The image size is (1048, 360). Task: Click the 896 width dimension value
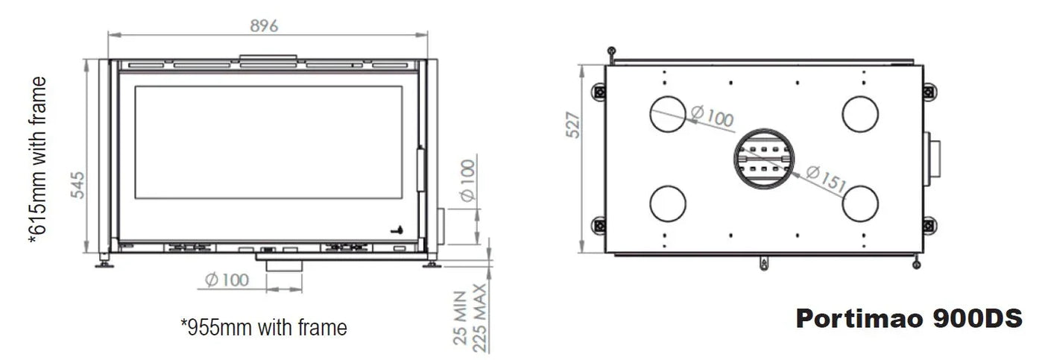point(264,25)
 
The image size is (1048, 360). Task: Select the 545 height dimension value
point(78,186)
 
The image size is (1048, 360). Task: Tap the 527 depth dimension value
point(572,129)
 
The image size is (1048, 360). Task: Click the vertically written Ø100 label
point(468,181)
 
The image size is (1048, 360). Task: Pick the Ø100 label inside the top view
point(711,116)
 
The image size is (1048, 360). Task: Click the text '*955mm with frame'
point(264,327)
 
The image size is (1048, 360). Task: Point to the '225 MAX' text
point(480,316)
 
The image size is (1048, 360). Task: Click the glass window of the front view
point(268,142)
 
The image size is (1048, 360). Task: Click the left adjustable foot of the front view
point(103,260)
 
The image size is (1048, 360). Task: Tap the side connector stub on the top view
point(932,159)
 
